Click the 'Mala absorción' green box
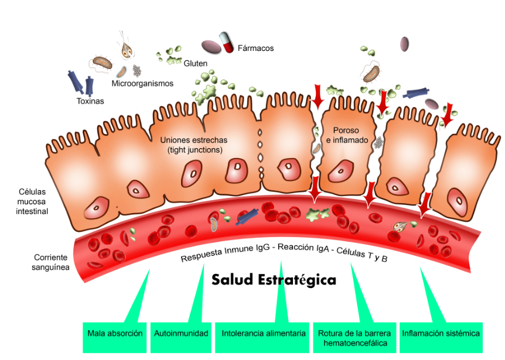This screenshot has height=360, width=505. (115, 334)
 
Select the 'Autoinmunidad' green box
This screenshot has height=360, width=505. (181, 334)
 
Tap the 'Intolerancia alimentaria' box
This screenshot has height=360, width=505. (264, 334)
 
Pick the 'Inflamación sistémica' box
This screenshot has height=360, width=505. (441, 334)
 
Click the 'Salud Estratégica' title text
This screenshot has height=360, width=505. (274, 280)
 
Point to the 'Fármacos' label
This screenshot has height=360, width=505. (255, 48)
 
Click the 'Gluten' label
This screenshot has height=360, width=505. (196, 63)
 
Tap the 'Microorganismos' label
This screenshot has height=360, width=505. (142, 84)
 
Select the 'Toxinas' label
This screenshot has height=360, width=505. (90, 101)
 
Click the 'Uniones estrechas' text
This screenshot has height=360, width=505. (194, 140)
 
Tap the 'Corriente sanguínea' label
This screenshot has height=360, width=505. (52, 262)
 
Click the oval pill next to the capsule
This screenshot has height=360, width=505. (210, 46)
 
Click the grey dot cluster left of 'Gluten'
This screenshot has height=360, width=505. (137, 71)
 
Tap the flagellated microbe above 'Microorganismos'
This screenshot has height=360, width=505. (126, 48)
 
